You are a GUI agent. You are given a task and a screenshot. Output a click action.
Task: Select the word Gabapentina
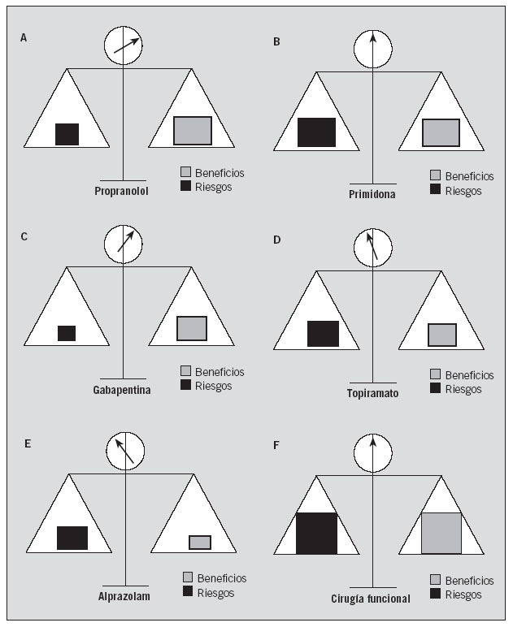click(122, 390)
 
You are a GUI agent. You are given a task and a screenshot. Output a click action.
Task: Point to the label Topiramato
click(372, 394)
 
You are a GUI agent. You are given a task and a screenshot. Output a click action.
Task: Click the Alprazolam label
click(124, 596)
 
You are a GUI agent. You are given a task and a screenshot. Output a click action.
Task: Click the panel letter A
click(24, 38)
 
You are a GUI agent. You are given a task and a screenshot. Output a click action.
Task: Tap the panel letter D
click(276, 240)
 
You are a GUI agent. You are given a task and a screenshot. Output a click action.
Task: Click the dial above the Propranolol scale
click(123, 46)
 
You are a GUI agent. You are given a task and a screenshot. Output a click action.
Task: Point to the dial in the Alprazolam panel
click(125, 450)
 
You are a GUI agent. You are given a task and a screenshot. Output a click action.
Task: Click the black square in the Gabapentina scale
click(67, 333)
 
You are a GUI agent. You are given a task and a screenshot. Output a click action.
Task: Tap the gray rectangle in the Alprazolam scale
click(200, 543)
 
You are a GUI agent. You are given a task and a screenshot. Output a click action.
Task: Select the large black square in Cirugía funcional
click(316, 534)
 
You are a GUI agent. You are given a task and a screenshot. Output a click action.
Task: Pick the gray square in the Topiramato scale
click(442, 335)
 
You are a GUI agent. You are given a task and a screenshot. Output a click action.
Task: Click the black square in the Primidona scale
click(316, 132)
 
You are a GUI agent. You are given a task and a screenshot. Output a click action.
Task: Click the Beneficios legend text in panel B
click(469, 176)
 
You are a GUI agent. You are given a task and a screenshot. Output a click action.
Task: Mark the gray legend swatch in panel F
click(436, 580)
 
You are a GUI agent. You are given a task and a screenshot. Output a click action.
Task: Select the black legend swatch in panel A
click(186, 187)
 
